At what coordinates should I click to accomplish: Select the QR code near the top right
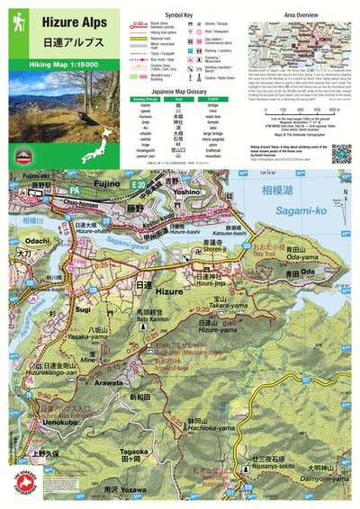point(340,152)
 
